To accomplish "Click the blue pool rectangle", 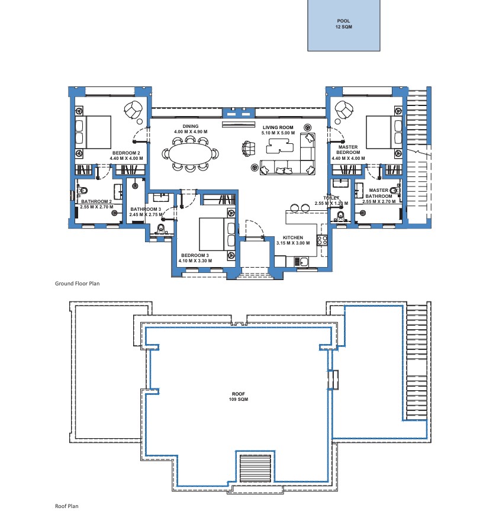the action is (x=344, y=25).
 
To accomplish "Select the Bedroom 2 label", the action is (x=126, y=153).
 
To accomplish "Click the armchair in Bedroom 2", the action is (x=133, y=110).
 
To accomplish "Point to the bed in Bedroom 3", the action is (x=217, y=234).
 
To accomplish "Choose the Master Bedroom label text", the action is (x=348, y=150).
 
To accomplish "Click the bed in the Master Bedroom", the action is (x=384, y=132).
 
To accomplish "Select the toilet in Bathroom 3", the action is (x=161, y=229).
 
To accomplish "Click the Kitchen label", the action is (x=293, y=237).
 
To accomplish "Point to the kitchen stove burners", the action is (x=322, y=240).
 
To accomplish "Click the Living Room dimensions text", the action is (x=278, y=133).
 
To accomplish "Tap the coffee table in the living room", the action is (x=278, y=146).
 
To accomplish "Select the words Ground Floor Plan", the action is (x=77, y=284).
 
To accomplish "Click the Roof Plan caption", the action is (x=67, y=506).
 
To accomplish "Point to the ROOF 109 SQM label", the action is (x=239, y=397).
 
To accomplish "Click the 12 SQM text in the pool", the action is (x=344, y=27).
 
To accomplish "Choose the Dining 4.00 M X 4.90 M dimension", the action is (x=191, y=131).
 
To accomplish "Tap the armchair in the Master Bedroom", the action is (x=343, y=110).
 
